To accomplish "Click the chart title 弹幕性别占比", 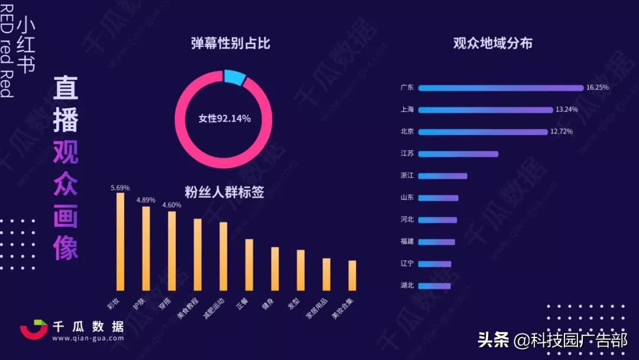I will [x=231, y=43].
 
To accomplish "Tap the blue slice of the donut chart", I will [x=235, y=78].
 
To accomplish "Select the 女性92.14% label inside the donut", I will [x=224, y=118].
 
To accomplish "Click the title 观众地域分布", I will [x=492, y=43].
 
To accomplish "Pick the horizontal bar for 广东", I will [x=501, y=88].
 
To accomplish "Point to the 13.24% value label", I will [x=566, y=110].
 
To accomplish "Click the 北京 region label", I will [x=407, y=131].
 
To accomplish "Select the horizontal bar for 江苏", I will [x=458, y=154].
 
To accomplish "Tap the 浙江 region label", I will [x=407, y=176].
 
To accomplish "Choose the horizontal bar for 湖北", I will [x=434, y=286].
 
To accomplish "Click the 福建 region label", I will [x=407, y=242].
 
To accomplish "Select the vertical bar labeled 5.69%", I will [x=120, y=242].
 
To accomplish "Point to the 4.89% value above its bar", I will [x=146, y=200].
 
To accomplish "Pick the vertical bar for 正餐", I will [x=249, y=265].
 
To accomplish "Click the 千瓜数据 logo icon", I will [x=34, y=330].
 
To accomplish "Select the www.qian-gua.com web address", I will [x=88, y=339].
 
